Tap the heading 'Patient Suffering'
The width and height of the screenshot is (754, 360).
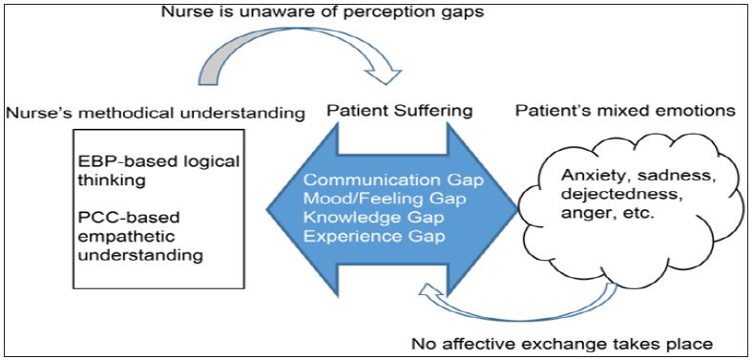(399, 111)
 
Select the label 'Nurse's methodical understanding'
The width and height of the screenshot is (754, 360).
(157, 114)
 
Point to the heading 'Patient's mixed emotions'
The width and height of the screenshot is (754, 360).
(625, 111)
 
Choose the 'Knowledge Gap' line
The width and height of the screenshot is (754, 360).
(374, 218)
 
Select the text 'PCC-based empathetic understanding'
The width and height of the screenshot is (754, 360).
(138, 236)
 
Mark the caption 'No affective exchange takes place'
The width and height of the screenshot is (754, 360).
(561, 343)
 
